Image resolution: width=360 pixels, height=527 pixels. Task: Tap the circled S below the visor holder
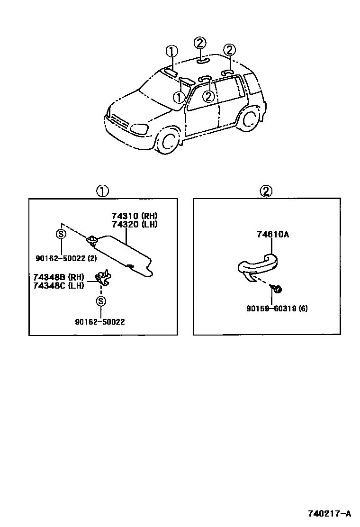point(99,301)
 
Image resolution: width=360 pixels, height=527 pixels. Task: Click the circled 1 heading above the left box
point(103,191)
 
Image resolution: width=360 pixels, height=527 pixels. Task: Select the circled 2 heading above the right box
point(266,191)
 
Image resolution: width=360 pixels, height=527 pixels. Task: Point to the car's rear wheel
point(248,119)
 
